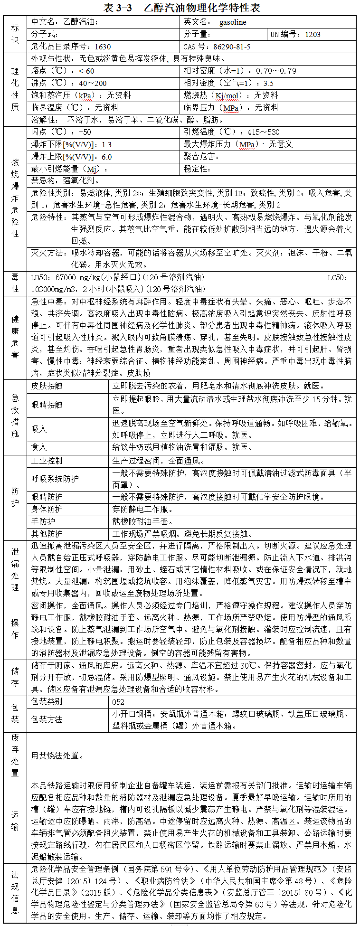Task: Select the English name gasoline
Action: click(x=233, y=22)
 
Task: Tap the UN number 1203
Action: click(x=313, y=34)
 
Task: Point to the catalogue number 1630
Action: click(x=103, y=47)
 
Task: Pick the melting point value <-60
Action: click(x=86, y=71)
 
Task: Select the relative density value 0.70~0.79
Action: click(x=276, y=71)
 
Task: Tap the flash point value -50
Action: click(x=85, y=132)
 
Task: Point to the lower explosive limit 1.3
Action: click(x=107, y=144)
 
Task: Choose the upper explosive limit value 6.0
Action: click(x=107, y=157)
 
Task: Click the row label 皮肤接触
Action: click(x=47, y=386)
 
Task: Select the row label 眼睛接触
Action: click(x=47, y=405)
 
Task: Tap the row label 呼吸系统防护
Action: click(x=55, y=479)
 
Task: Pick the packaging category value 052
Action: click(x=118, y=702)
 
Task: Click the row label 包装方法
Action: click(x=47, y=720)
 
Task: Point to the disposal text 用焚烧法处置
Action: click(x=57, y=756)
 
